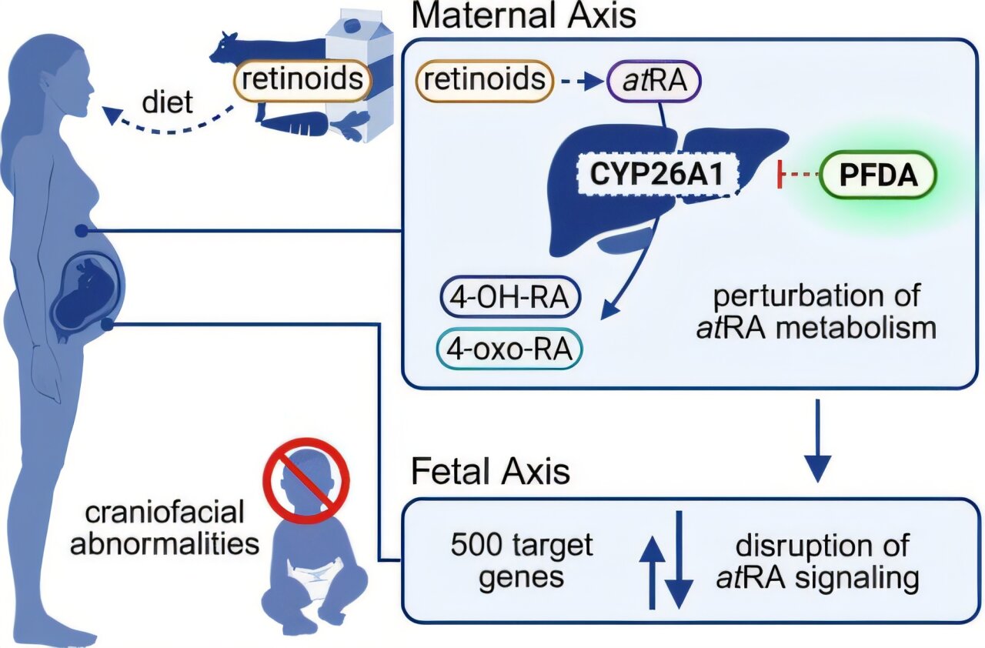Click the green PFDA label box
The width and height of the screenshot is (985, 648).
(x=878, y=175)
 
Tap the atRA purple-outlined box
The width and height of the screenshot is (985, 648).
(x=654, y=81)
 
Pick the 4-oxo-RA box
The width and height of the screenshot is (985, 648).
(x=510, y=349)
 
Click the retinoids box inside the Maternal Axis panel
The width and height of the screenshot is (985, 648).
(x=485, y=81)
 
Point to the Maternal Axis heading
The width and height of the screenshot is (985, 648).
(x=525, y=15)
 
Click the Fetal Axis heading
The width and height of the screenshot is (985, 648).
(x=491, y=471)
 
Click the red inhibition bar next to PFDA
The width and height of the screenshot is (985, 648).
(x=781, y=176)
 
